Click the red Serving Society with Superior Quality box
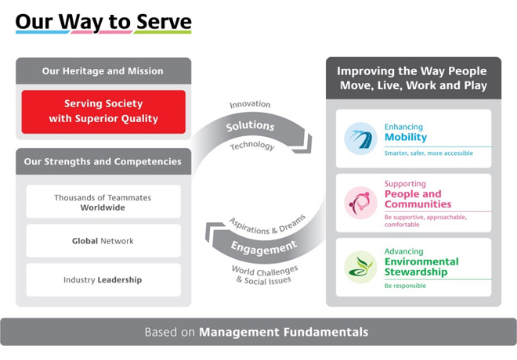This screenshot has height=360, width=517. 103,112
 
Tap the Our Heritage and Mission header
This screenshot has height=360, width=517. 103,70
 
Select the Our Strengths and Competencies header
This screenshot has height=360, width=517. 103,161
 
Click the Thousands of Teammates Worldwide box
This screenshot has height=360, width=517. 103,202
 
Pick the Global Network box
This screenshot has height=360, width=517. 103,241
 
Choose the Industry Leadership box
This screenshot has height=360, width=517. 103,279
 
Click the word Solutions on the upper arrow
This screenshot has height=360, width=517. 250,125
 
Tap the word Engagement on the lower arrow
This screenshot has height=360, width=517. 264,248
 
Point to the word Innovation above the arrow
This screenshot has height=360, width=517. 250,104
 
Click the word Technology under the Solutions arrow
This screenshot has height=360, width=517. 252,146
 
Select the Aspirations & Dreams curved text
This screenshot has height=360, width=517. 267,225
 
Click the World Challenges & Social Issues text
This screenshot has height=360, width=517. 265,275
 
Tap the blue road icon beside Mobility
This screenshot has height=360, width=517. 360,139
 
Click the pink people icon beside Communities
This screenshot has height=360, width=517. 360,203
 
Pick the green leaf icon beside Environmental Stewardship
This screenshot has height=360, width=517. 360,267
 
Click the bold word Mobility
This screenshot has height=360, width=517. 406,137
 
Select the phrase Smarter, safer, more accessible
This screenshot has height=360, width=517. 428,153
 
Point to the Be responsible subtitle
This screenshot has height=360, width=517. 405,286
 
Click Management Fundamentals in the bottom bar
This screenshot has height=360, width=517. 284,332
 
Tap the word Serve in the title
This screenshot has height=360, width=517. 164,22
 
